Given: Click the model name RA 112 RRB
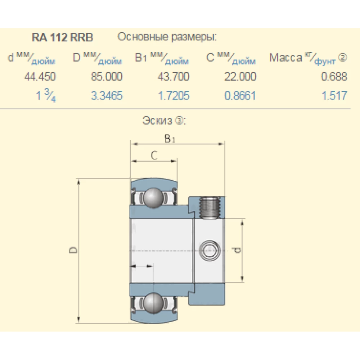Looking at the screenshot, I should [63, 37].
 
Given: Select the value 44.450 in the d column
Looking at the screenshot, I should [40, 76].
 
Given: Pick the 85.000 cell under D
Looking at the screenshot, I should [107, 76].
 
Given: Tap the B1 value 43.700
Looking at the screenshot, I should [174, 76].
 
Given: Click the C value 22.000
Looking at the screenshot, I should [240, 76].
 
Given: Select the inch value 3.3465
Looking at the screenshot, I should [107, 96].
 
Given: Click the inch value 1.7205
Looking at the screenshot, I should [174, 96].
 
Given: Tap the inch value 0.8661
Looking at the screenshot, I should [240, 96].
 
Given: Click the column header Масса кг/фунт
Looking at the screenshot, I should [308, 58].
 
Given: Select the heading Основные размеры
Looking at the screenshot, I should [167, 37].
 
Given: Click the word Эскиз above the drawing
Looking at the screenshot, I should [157, 121].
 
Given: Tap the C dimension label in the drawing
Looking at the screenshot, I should [153, 156].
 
